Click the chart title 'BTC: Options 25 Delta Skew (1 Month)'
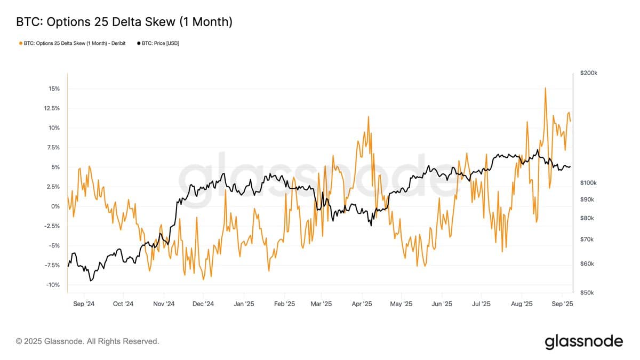[x=124, y=22]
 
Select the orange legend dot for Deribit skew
[x=20, y=43]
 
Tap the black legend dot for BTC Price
[x=140, y=43]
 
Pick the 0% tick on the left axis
[x=55, y=206]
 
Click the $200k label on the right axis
[x=588, y=73]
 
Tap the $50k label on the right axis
[x=587, y=293]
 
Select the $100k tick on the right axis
[x=588, y=183]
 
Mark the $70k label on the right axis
[x=587, y=239]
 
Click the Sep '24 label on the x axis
[x=84, y=304]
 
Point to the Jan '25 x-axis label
[x=244, y=304]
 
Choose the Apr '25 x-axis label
[x=362, y=304]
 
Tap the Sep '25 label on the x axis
[x=562, y=304]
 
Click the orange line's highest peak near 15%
[x=545, y=88]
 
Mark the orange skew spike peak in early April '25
[x=368, y=117]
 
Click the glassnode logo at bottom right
[x=583, y=341]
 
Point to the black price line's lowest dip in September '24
[x=91, y=281]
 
